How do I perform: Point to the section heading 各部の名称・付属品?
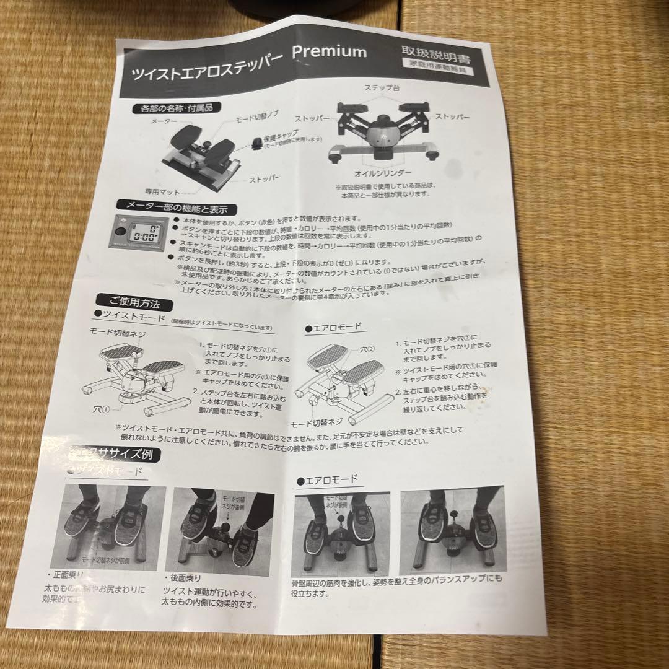pyautogui.click(x=177, y=109)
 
